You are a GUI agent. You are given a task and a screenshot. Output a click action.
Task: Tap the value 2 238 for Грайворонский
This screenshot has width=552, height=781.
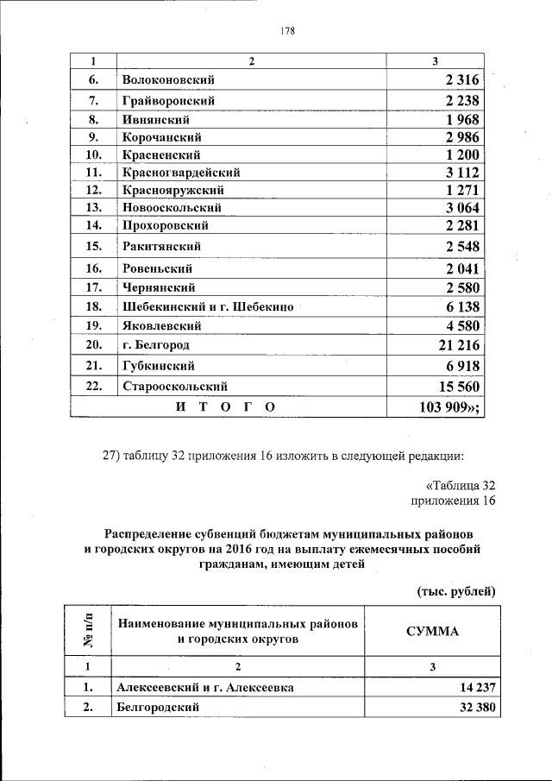[x=462, y=101]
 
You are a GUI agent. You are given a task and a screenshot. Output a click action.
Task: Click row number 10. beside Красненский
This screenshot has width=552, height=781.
[x=95, y=155]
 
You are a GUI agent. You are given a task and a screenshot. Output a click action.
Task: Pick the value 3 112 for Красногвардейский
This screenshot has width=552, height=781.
[x=462, y=173]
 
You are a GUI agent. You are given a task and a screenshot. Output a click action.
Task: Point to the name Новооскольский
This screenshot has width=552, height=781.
[x=172, y=208]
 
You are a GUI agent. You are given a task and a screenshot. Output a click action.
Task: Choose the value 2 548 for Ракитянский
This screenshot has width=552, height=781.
[x=462, y=247]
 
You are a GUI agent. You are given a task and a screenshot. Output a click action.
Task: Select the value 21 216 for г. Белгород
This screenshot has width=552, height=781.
[x=458, y=346]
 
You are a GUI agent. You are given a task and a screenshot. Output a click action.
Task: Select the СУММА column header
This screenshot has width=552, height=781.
[x=433, y=631]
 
